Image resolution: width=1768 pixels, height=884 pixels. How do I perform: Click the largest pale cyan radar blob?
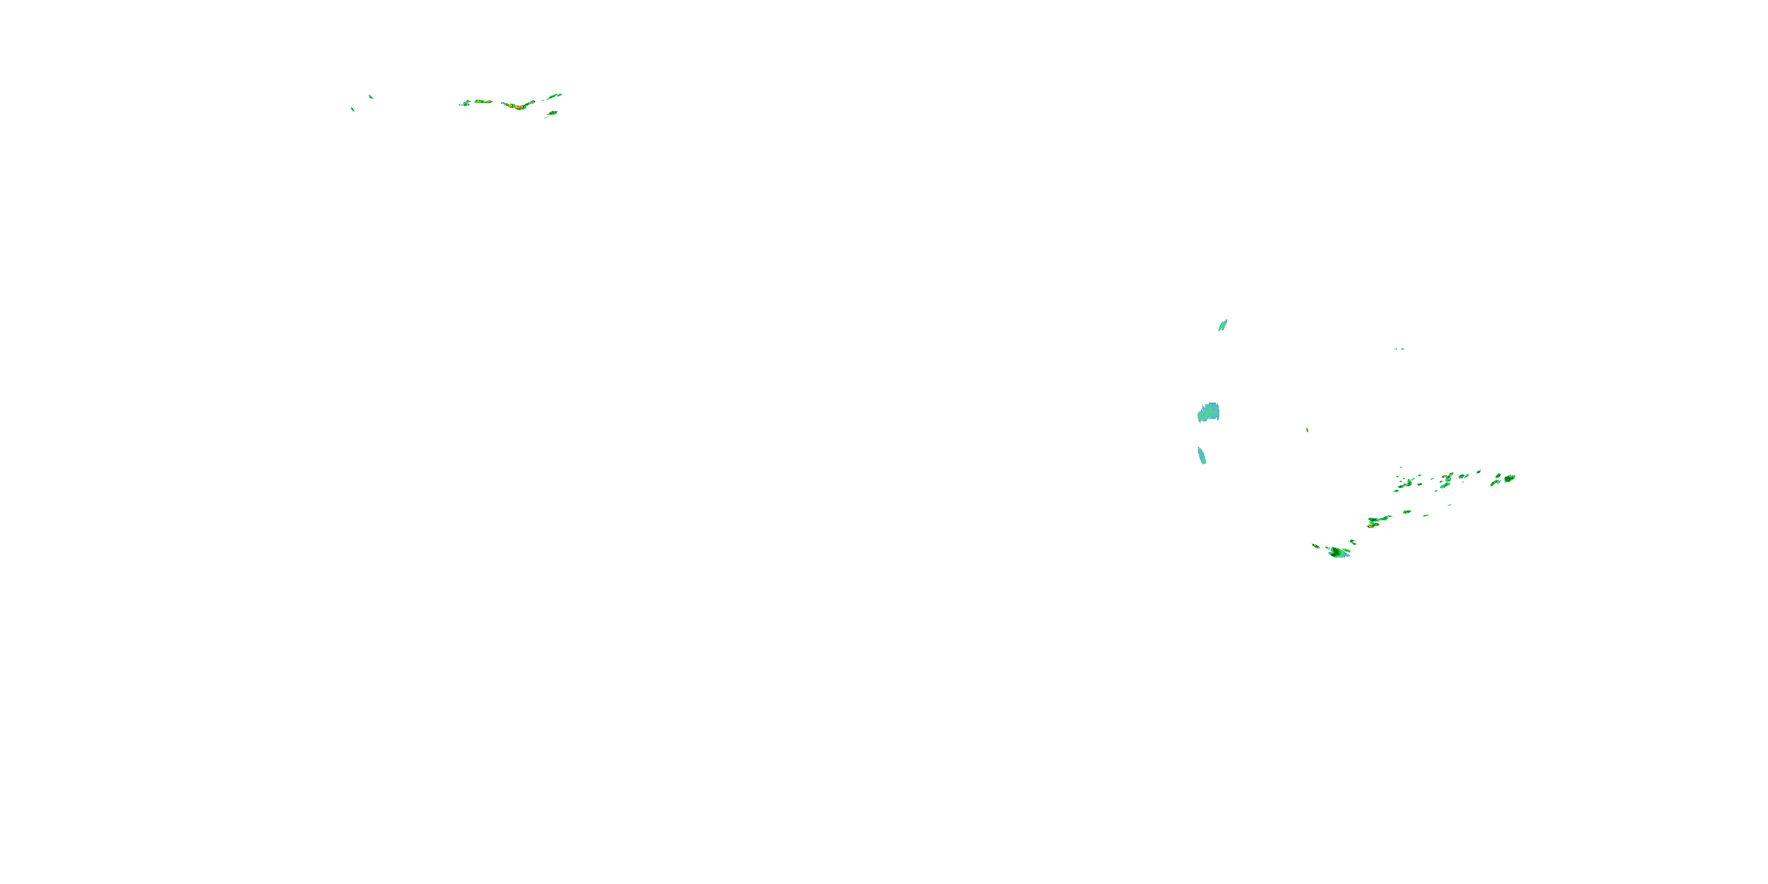[1209, 412]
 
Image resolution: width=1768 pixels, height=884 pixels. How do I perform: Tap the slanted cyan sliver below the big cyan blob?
[1202, 456]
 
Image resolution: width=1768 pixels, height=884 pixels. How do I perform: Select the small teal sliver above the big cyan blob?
[1222, 325]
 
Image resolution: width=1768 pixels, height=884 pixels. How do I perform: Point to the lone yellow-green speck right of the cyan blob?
[1307, 430]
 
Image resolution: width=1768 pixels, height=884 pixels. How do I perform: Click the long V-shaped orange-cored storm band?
[519, 105]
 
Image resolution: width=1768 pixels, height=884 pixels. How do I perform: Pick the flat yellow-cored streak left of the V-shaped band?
[483, 101]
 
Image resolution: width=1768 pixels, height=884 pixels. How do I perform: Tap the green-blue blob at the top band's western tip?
[464, 104]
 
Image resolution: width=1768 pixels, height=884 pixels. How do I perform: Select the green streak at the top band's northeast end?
[555, 96]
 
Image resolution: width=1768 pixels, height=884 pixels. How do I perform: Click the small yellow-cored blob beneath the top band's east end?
[552, 113]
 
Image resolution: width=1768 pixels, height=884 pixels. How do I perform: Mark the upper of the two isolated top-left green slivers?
[371, 97]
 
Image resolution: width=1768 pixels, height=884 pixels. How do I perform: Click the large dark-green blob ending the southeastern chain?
[1338, 552]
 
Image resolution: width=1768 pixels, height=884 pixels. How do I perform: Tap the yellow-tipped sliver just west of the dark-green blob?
[1316, 546]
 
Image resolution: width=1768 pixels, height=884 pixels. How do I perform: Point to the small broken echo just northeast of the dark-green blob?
[1353, 542]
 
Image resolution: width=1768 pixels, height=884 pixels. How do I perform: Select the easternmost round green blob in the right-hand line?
[1509, 478]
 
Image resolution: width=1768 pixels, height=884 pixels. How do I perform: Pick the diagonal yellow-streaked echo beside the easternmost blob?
[1495, 482]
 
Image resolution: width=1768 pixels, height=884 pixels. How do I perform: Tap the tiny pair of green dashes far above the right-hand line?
[1398, 349]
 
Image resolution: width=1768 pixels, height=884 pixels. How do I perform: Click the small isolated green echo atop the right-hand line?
[1479, 471]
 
